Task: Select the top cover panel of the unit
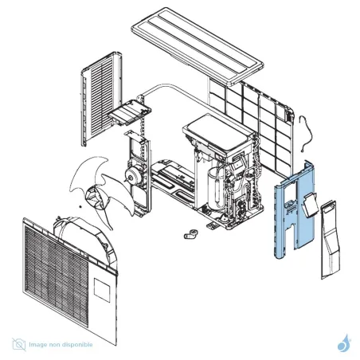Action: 197,45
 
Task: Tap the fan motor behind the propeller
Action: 132,174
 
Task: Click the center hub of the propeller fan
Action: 95,198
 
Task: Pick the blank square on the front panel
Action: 102,290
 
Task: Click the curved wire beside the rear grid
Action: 305,134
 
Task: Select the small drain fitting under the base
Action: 191,234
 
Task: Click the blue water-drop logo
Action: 344,343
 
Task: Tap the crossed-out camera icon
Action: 19,344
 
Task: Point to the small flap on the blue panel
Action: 310,205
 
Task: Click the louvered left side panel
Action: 101,98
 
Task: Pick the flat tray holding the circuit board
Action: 130,112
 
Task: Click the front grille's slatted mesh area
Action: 57,276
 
